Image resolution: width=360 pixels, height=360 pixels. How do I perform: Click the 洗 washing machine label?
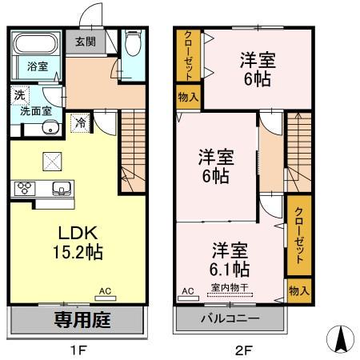point(18,95)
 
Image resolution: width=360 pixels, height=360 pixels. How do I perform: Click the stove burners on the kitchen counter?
point(23,189)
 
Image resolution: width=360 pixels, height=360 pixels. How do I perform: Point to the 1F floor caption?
point(78,350)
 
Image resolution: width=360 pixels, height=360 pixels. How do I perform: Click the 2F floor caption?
point(240,350)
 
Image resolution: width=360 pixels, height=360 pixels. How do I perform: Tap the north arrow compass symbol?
point(340,340)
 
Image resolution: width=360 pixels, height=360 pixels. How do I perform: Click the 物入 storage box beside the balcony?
point(298,290)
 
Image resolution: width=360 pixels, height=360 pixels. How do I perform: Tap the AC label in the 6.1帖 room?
point(189,290)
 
